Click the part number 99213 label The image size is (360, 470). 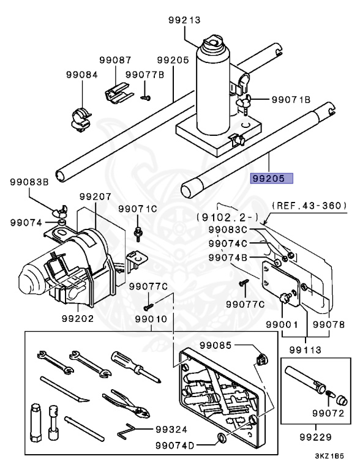[184, 20]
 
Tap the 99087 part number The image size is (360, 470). [116, 60]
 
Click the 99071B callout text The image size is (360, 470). [291, 99]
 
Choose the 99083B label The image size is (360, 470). [29, 182]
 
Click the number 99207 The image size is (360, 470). [95, 197]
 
